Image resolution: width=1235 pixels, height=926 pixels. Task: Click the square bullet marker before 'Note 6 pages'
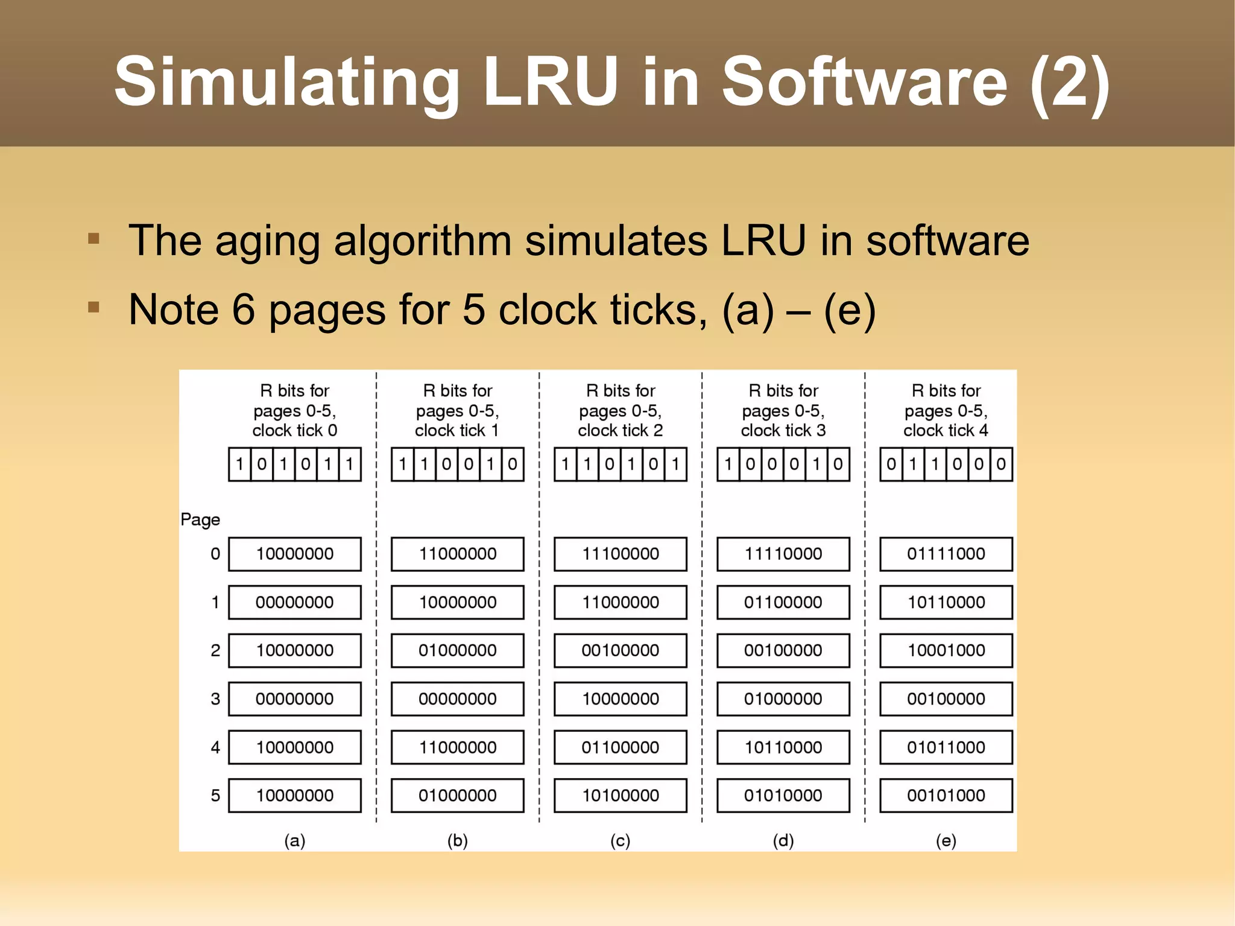(x=93, y=308)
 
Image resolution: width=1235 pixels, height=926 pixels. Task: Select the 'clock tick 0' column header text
(x=294, y=430)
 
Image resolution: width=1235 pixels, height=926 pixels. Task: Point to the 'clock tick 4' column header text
(x=946, y=430)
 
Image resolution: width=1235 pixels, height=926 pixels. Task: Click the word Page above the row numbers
(x=200, y=519)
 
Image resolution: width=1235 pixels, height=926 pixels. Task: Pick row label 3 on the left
(x=215, y=699)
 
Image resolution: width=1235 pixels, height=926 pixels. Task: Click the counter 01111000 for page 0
(x=946, y=554)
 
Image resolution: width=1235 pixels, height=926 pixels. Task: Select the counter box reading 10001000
(x=946, y=650)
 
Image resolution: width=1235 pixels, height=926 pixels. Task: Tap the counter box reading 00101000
(x=946, y=795)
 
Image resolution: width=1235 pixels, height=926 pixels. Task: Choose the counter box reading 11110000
(x=783, y=554)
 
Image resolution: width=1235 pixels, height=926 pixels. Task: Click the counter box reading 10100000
(x=620, y=795)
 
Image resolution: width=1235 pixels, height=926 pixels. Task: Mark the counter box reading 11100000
(x=620, y=554)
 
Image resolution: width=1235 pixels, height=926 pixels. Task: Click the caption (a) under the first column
(x=294, y=840)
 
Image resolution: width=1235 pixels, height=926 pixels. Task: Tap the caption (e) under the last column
(x=946, y=840)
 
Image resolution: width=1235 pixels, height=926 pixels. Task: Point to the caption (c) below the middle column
(x=620, y=840)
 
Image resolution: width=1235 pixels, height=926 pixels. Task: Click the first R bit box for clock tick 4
(x=891, y=464)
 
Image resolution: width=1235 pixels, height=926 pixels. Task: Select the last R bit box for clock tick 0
(x=350, y=464)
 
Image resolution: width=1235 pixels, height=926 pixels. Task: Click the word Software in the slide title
(x=864, y=81)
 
